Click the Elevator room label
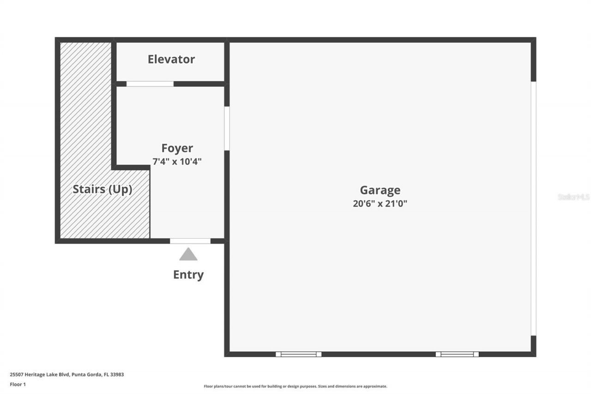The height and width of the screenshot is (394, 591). tap(171, 59)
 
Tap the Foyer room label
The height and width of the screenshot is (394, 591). tap(177, 148)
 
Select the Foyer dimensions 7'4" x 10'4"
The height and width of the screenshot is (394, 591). tap(177, 162)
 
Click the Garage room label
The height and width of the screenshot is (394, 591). tap(380, 190)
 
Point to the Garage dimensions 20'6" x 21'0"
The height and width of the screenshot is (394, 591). tap(380, 203)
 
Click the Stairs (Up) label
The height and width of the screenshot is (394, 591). tap(103, 189)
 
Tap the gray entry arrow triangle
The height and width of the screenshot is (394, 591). tap(188, 255)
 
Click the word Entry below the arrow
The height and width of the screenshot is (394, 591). tap(188, 275)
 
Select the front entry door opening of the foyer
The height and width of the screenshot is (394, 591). tap(190, 241)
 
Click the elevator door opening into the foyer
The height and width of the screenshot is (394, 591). tap(150, 84)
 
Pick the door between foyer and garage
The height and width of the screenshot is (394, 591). tap(227, 128)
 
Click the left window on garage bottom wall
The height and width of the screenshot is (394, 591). tap(299, 354)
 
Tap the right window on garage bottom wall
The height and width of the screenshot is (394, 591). tap(457, 354)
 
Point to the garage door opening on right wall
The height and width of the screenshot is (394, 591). tap(533, 208)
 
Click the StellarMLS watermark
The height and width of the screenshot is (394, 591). tap(573, 197)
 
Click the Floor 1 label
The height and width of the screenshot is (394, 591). tap(18, 384)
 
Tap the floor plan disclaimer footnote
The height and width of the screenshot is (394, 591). tap(295, 386)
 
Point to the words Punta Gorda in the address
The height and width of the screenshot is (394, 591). tap(87, 375)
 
